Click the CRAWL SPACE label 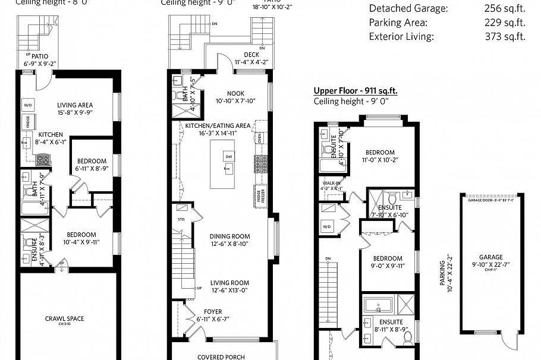[64, 319]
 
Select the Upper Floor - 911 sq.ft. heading [356, 91]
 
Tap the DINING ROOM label [229, 235]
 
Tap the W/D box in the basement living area [27, 106]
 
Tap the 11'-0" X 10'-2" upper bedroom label [380, 156]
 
